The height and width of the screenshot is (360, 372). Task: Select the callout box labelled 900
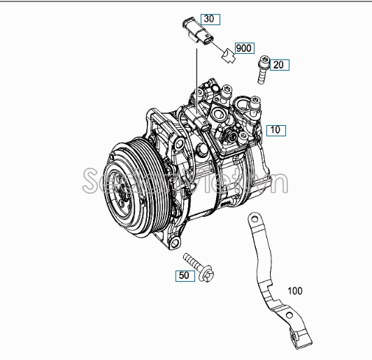(x=243, y=48)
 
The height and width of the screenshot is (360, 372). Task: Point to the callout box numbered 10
(x=276, y=129)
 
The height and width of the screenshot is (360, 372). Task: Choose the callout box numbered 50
(x=185, y=276)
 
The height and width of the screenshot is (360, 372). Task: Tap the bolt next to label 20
(x=262, y=69)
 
